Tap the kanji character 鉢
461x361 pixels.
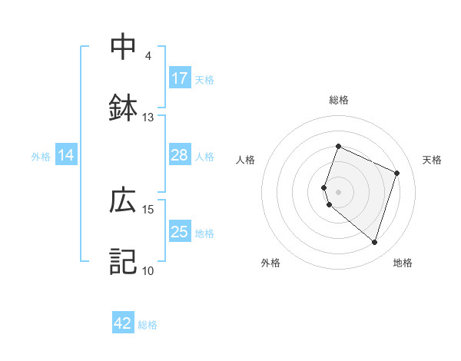click(124, 108)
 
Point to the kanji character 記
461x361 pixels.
click(124, 261)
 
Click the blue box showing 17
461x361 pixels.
click(180, 78)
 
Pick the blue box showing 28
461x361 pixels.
click(180, 155)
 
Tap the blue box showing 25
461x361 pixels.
click(180, 232)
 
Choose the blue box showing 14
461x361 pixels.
click(66, 155)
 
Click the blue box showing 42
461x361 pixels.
click(123, 323)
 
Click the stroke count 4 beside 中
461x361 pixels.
click(148, 56)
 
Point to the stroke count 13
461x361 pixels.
click(148, 118)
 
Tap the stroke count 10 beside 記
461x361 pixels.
click(148, 270)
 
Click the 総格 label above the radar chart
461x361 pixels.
click(339, 100)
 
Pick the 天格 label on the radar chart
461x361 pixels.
click(432, 160)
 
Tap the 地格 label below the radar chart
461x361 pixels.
click(403, 263)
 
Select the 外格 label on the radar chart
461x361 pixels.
click(270, 263)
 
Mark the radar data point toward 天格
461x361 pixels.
click(397, 173)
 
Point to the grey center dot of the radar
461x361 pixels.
click(339, 192)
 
